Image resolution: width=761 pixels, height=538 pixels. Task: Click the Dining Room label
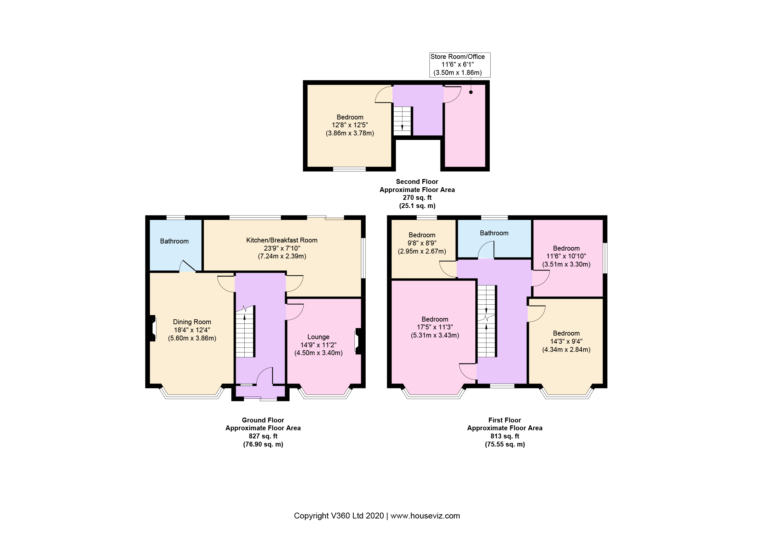click(x=192, y=322)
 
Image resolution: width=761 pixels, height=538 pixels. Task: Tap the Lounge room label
click(x=318, y=337)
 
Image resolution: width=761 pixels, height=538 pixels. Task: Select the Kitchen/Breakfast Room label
click(x=282, y=240)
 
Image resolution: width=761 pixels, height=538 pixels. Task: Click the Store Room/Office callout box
click(x=460, y=65)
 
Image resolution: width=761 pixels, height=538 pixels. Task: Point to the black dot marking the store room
click(x=471, y=92)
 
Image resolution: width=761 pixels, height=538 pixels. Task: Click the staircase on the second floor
click(x=402, y=121)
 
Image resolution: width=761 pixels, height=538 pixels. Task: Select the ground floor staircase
click(x=245, y=331)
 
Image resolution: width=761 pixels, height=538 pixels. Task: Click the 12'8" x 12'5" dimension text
click(x=350, y=125)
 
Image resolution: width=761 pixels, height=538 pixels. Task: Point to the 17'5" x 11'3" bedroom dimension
click(x=435, y=327)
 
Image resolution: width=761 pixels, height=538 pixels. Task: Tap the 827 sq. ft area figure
click(x=263, y=436)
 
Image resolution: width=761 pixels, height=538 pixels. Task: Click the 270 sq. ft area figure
click(x=417, y=198)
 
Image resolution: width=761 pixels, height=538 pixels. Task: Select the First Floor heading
click(x=505, y=420)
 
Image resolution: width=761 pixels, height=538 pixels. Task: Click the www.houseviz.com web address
click(x=425, y=516)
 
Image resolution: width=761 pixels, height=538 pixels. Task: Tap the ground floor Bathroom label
click(x=174, y=241)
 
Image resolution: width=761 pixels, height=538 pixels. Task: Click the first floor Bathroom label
click(x=494, y=233)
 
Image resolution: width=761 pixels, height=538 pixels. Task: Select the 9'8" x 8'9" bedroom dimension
click(x=422, y=243)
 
